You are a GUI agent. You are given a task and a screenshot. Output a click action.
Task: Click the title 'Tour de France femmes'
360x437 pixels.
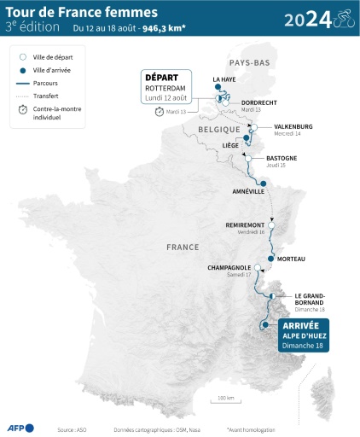(69, 12)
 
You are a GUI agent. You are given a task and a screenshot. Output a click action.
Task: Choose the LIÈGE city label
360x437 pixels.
(230, 146)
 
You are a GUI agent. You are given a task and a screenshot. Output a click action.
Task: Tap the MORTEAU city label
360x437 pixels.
(292, 259)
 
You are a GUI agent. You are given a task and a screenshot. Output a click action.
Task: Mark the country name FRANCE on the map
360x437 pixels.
(183, 247)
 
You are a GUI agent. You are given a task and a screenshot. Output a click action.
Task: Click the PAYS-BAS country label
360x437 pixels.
(247, 62)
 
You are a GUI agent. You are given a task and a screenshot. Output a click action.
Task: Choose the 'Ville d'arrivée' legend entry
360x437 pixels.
(48, 70)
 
